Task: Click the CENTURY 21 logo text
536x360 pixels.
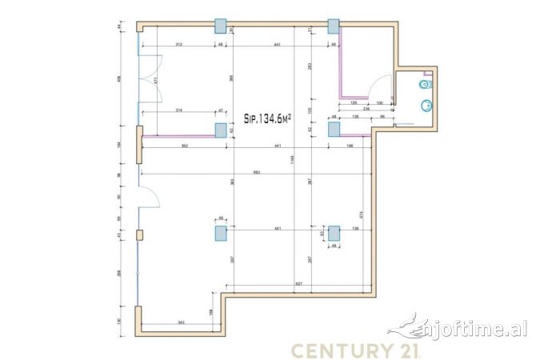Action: [x=352, y=350]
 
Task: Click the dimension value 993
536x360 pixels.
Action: [x=256, y=173]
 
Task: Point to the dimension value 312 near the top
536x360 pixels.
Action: [x=179, y=45]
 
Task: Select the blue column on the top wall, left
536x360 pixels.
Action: [x=221, y=26]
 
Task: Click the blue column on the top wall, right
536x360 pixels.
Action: [x=334, y=26]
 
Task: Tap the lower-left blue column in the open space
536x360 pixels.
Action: [x=221, y=233]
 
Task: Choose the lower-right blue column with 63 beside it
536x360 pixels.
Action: [x=334, y=233]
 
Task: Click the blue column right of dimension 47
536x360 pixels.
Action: [x=221, y=130]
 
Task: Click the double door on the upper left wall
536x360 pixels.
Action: [x=150, y=80]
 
